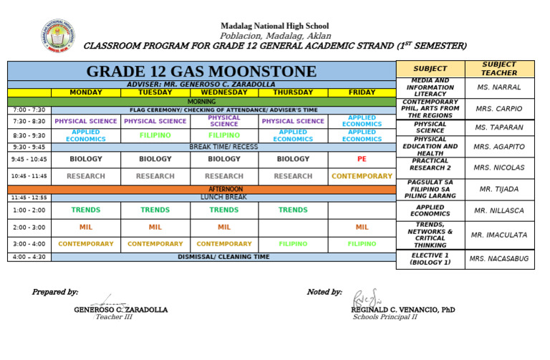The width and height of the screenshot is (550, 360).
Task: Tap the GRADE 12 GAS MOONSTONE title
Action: (x=201, y=71)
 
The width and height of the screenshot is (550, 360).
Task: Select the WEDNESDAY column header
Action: (x=224, y=92)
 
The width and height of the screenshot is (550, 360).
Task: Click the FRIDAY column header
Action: (x=362, y=92)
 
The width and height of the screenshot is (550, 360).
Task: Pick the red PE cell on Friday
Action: (x=362, y=159)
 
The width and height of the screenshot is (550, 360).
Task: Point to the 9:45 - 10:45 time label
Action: (x=29, y=160)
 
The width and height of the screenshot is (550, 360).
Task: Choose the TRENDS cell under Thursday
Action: (x=293, y=210)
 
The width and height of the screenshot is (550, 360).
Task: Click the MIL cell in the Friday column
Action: (x=362, y=227)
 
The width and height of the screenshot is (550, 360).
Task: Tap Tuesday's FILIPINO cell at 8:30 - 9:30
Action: (x=155, y=135)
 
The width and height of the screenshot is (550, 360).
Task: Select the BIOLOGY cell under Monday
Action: (x=86, y=159)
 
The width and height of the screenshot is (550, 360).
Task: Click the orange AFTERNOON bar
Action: (x=223, y=189)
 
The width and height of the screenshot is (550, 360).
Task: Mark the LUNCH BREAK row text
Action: (x=223, y=197)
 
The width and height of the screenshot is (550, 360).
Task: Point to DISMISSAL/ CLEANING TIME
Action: (x=223, y=256)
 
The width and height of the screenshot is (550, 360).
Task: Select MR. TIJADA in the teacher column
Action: (x=499, y=189)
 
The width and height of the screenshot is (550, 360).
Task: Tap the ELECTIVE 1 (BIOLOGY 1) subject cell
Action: (x=430, y=259)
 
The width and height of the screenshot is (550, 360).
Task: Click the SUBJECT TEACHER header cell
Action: (x=499, y=69)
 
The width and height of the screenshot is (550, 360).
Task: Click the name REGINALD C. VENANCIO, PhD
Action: (x=402, y=309)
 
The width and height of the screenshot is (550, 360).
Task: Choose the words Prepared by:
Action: (x=55, y=292)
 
